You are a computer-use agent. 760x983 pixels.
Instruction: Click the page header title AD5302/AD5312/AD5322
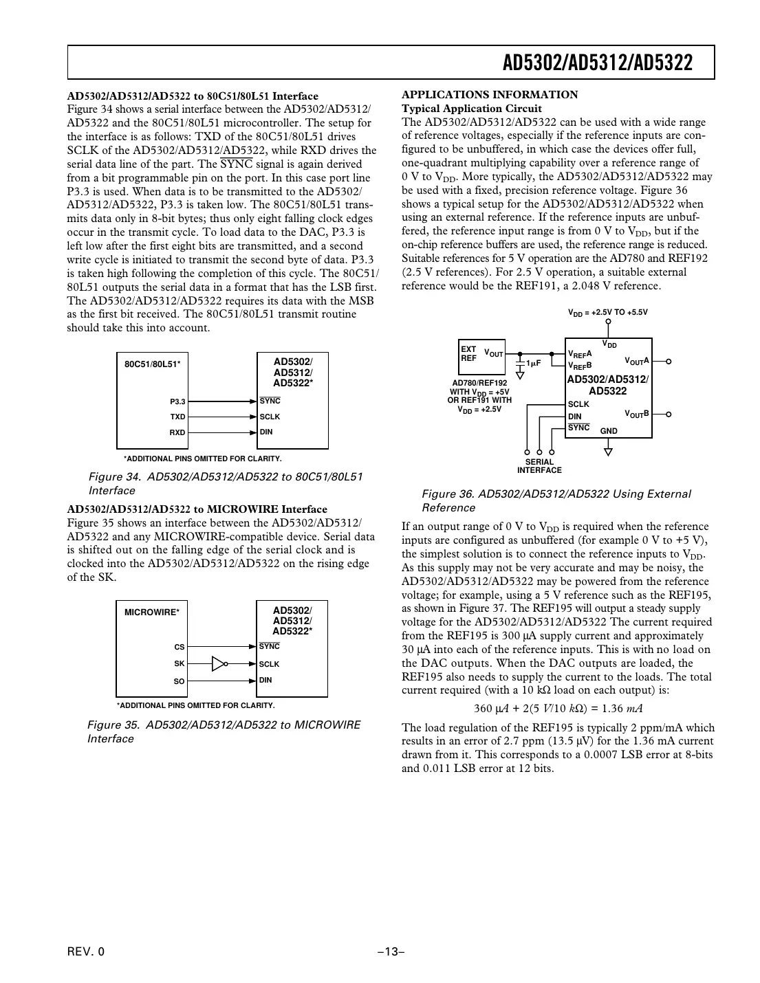(597, 63)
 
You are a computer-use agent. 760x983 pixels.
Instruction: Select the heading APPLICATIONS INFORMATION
(490, 95)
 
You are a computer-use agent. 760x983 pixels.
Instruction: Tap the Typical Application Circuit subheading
(471, 109)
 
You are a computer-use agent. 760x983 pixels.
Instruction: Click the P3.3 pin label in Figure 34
(177, 401)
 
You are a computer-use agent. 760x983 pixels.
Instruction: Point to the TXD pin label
(177, 417)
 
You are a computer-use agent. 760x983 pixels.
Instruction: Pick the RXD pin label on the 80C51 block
(177, 433)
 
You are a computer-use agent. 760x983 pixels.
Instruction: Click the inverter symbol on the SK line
(219, 664)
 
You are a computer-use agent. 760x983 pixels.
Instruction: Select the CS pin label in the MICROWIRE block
(180, 648)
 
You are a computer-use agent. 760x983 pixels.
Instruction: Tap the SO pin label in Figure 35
(179, 682)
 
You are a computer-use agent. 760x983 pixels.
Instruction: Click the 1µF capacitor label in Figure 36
(533, 363)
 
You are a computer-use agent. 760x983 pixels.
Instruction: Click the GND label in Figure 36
(609, 431)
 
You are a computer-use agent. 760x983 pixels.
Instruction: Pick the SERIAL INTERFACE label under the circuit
(539, 466)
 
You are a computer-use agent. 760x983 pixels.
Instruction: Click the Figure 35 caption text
(224, 731)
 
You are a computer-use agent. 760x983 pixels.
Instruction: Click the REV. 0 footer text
(86, 952)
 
